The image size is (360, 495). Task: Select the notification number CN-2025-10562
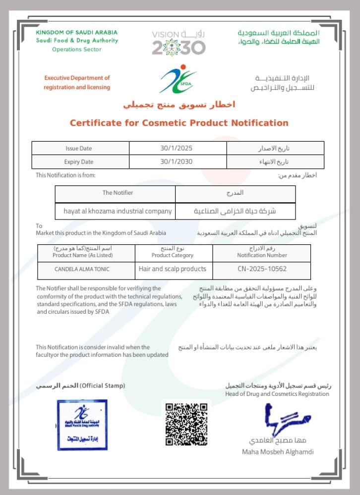pos(262,269)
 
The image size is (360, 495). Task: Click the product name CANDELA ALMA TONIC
pos(82,269)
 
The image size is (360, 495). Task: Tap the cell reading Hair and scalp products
pos(173,269)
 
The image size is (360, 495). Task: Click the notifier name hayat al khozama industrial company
pos(118,211)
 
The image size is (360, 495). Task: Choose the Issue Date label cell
pos(79,148)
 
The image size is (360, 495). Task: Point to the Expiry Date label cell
pos(79,162)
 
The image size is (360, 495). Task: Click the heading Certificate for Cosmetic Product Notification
pos(179,123)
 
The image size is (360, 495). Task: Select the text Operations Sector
pos(77,50)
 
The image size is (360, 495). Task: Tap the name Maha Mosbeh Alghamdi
pos(278,451)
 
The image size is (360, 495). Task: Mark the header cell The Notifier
pos(118,193)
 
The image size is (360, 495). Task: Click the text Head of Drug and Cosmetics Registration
pos(277,394)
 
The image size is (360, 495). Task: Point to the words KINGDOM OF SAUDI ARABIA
pos(77,32)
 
